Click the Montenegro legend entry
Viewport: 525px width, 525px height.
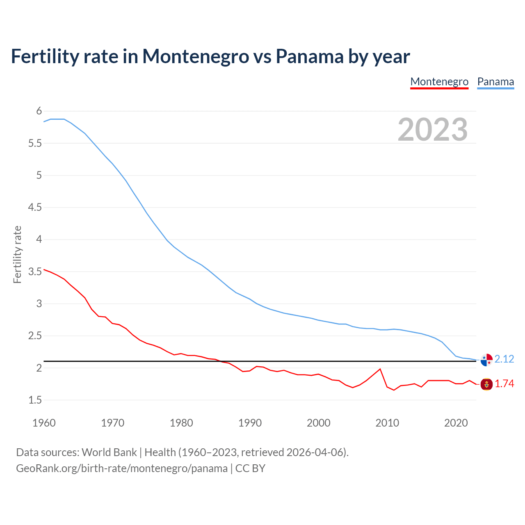tap(439, 82)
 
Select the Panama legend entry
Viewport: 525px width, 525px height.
tap(495, 82)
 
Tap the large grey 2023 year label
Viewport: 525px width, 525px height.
tap(433, 130)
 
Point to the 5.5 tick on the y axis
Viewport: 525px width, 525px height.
tap(35, 143)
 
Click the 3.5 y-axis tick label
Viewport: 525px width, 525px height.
tap(35, 272)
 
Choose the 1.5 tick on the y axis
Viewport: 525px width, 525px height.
tap(35, 400)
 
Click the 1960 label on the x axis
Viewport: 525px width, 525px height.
tap(44, 423)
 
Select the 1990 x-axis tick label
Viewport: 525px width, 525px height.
tap(250, 423)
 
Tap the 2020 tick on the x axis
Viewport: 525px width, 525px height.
tap(456, 423)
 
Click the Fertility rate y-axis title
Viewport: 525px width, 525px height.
tap(17, 254)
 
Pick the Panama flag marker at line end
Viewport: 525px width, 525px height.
tap(486, 359)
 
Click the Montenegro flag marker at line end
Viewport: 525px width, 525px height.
tap(486, 384)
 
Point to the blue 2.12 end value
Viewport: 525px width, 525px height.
tap(504, 359)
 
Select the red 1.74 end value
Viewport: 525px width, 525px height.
tap(504, 384)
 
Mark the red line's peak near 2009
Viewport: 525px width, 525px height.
tap(380, 369)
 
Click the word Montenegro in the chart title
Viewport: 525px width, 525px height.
tap(195, 57)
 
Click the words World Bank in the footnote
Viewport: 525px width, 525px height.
tap(109, 452)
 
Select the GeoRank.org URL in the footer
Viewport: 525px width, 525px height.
tap(121, 468)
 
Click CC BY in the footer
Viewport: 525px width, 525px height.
tap(250, 468)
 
